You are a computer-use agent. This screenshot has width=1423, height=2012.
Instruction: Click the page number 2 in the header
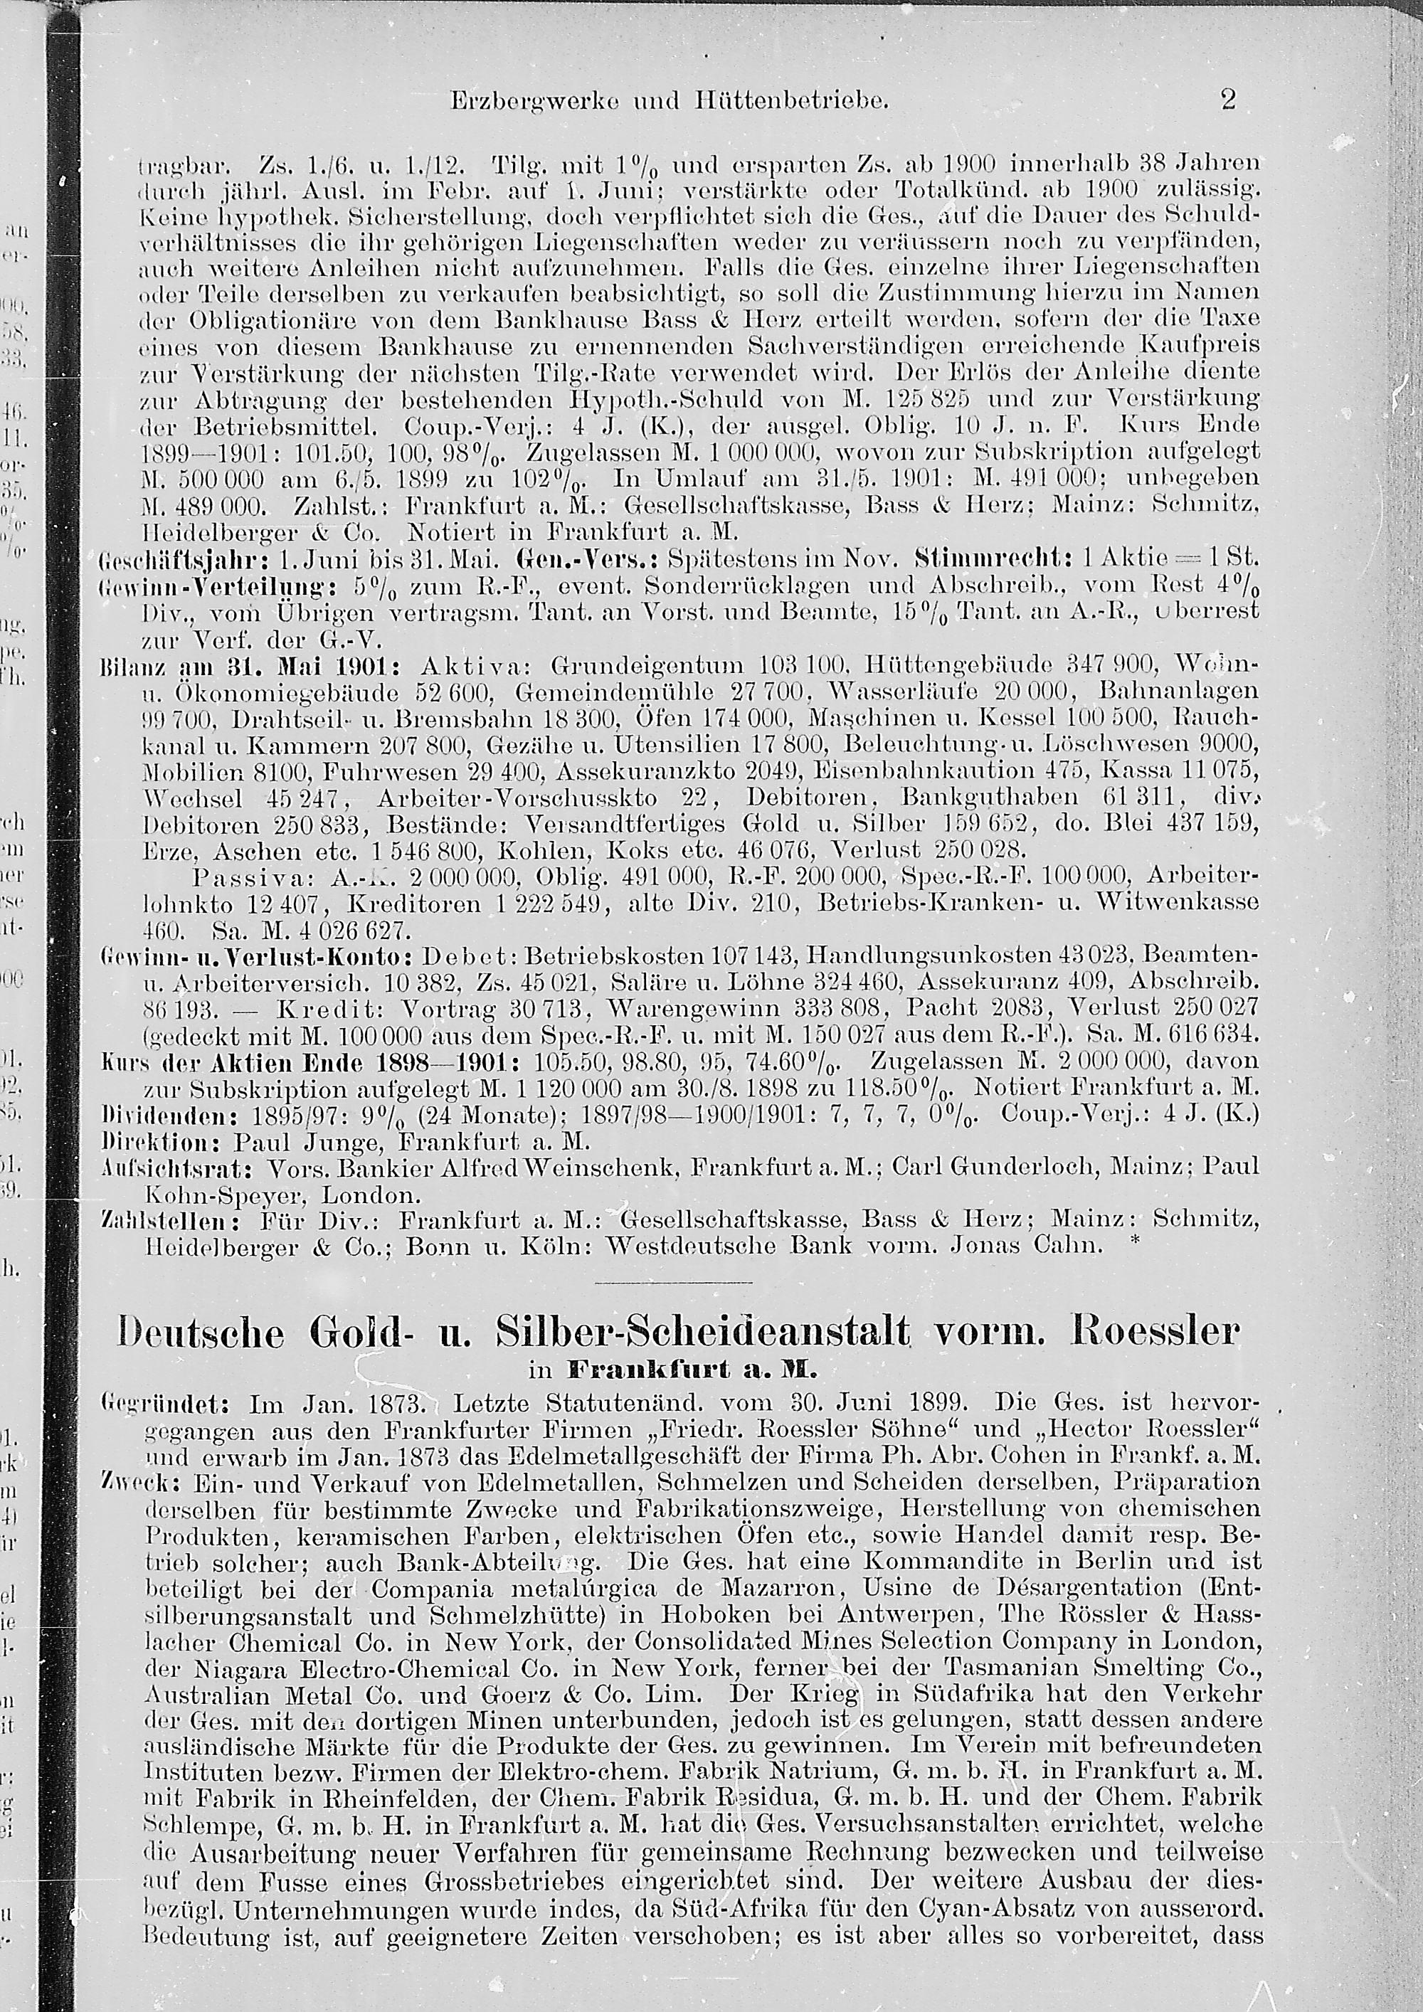1227,100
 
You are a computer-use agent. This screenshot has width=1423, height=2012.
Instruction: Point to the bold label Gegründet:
163,1403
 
